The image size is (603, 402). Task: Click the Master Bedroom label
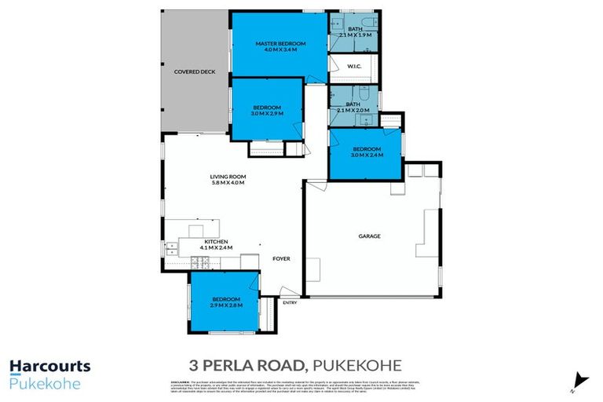point(280,43)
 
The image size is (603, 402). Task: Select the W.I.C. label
point(353,67)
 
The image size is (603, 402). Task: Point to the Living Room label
point(228,177)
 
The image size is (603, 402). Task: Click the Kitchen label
point(216,241)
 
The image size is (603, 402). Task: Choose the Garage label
point(370,236)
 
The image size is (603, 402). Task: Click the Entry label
point(290,302)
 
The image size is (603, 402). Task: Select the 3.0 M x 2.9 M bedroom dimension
point(267,114)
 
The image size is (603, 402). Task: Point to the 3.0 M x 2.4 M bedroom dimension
point(366,155)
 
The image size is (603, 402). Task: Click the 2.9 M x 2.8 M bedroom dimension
point(225,305)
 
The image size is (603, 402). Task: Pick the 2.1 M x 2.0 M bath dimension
point(353,111)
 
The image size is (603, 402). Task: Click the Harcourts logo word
point(49,366)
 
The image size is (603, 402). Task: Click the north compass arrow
point(580,380)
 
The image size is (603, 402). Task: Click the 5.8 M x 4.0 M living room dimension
point(228,183)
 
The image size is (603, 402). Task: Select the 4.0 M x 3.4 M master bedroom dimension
point(280,50)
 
